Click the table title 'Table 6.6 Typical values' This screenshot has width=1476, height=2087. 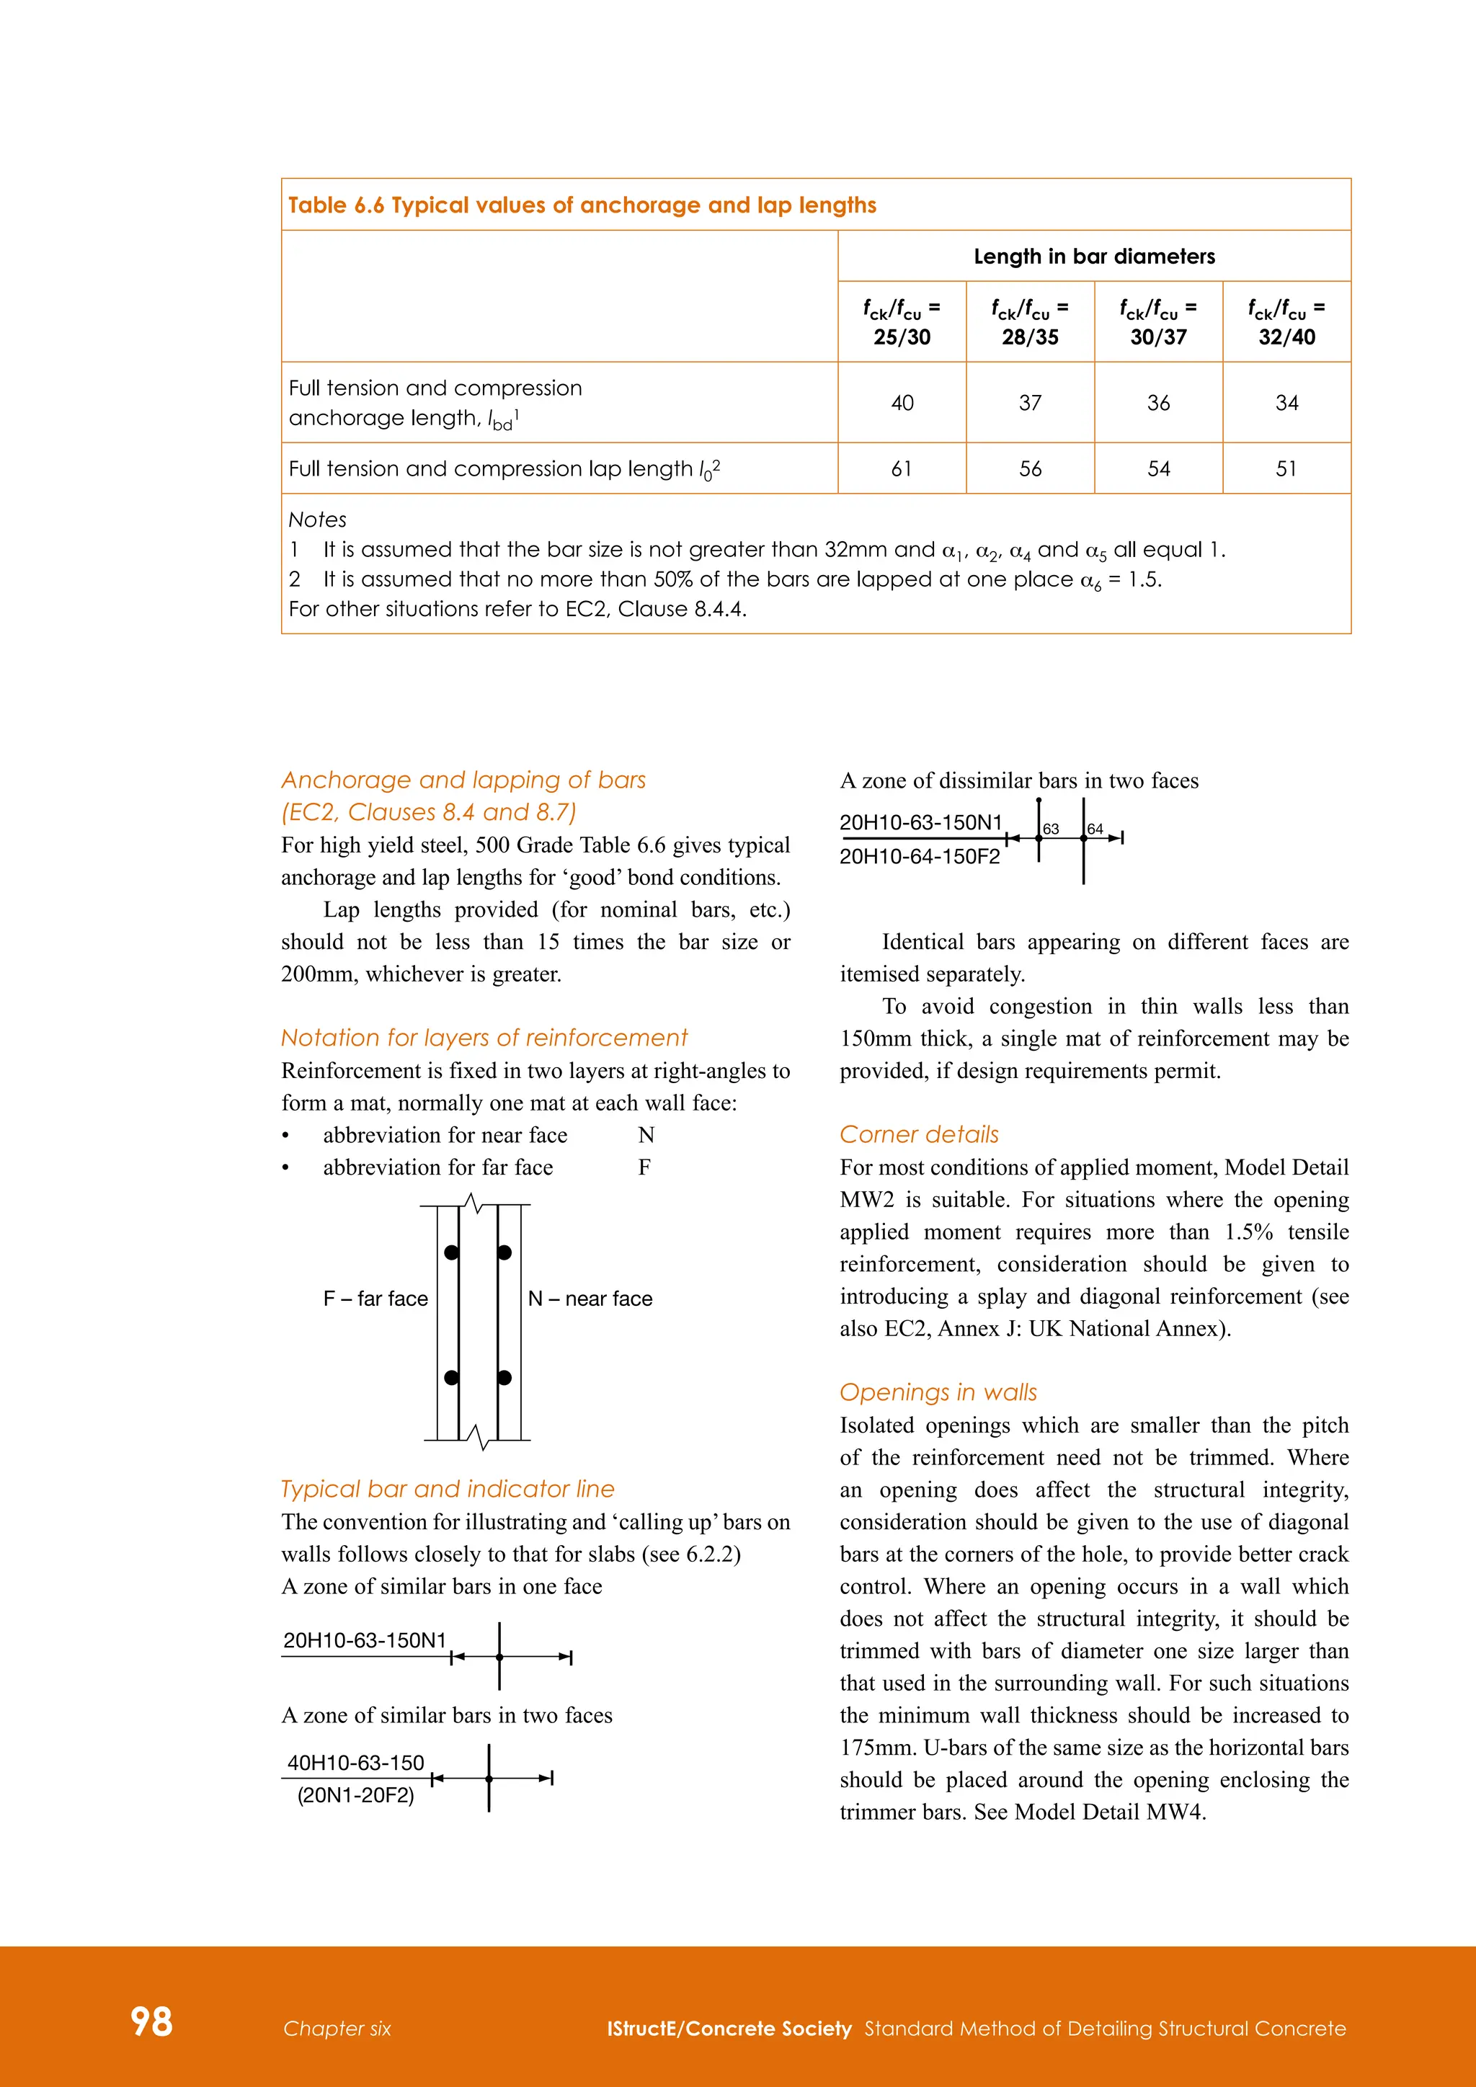pyautogui.click(x=582, y=205)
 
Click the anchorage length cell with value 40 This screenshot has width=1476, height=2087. pyautogui.click(x=902, y=403)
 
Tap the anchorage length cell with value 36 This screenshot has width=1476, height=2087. pyautogui.click(x=1158, y=403)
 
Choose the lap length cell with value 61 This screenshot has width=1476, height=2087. pyautogui.click(x=902, y=469)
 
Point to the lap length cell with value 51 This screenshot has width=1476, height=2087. pyautogui.click(x=1286, y=469)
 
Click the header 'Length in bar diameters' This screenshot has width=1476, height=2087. pyautogui.click(x=1093, y=257)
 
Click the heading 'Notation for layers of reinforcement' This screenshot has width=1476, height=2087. pyautogui.click(x=484, y=1038)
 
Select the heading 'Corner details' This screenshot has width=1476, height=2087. pyautogui.click(x=919, y=1134)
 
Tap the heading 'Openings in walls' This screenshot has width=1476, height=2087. pyautogui.click(x=938, y=1392)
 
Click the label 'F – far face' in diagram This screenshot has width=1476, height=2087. pyautogui.click(x=375, y=1299)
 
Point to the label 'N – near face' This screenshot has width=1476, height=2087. pyautogui.click(x=590, y=1299)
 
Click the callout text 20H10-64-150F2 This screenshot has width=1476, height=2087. pyautogui.click(x=919, y=856)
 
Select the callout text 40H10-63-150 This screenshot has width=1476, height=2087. pyautogui.click(x=355, y=1763)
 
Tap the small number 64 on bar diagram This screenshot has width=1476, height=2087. pyautogui.click(x=1095, y=829)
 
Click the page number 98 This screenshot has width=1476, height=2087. pyautogui.click(x=151, y=2021)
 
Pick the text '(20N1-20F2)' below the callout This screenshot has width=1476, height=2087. pyautogui.click(x=355, y=1795)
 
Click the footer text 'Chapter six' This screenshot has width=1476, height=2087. pyautogui.click(x=337, y=2029)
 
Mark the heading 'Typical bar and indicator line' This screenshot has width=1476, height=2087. pyautogui.click(x=447, y=1489)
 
